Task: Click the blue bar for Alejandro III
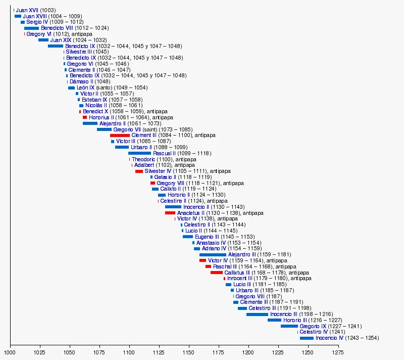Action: [213, 255]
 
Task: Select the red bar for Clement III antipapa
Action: [120, 136]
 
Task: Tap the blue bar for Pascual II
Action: [139, 153]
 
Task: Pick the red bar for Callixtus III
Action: [217, 273]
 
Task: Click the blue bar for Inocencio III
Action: [257, 314]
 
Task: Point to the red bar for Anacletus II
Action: [170, 213]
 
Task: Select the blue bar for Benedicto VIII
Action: [31, 28]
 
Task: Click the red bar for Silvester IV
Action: [139, 171]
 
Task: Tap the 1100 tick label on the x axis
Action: [129, 352]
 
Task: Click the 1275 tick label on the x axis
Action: [338, 352]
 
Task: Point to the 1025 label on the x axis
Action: [40, 352]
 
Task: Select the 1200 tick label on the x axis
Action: [248, 352]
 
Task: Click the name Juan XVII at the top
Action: [27, 10]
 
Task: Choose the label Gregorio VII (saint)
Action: [135, 129]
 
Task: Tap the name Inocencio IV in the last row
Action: [329, 338]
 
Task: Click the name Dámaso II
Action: [81, 81]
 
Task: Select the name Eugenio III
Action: [207, 237]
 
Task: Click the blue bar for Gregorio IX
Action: [289, 326]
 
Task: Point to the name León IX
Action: [85, 87]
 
